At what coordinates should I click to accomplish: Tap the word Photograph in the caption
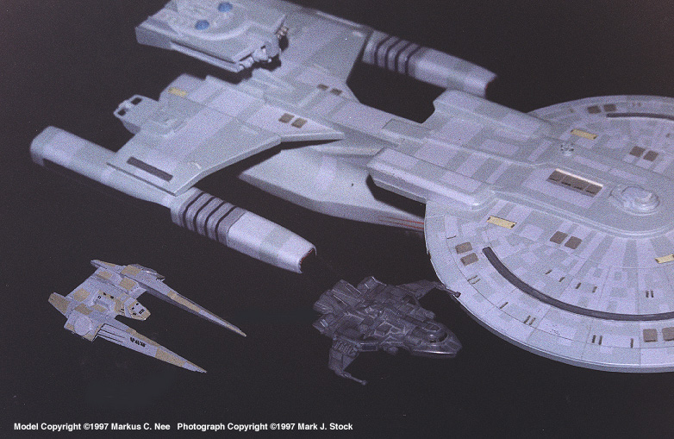(x=201, y=427)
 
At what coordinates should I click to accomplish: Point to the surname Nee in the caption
(x=162, y=427)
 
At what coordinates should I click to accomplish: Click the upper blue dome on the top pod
(x=225, y=7)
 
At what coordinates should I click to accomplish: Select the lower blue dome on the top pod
(x=203, y=25)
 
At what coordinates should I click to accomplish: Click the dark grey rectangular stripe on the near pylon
(x=150, y=169)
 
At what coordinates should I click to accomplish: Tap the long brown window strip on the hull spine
(x=575, y=182)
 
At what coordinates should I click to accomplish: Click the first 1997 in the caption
(x=99, y=427)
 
